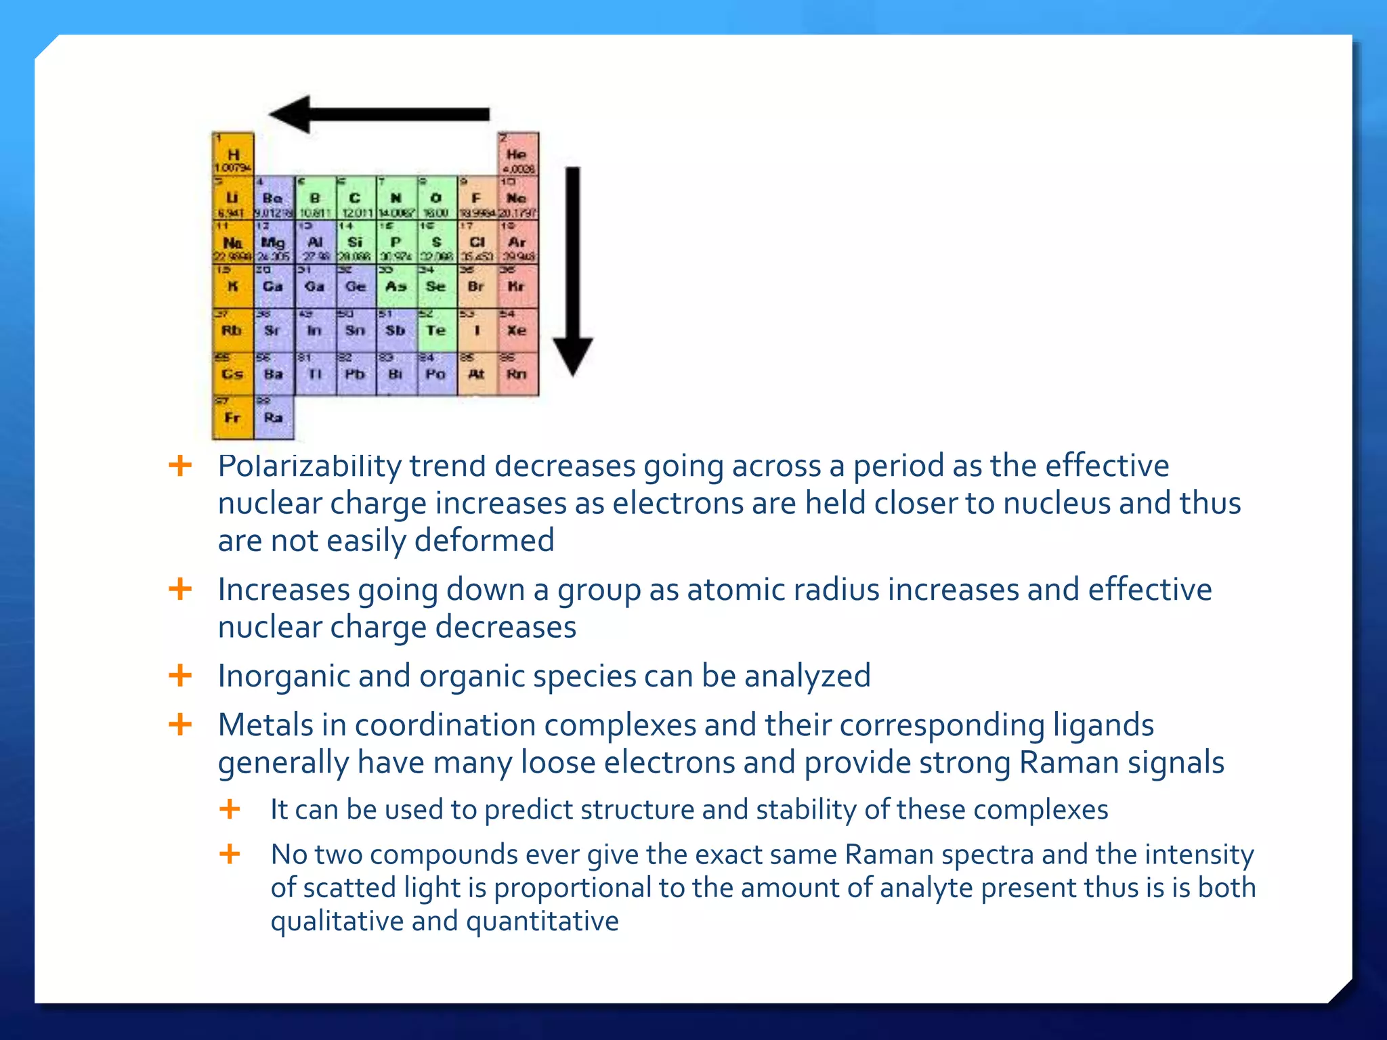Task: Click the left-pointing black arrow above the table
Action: pyautogui.click(x=379, y=114)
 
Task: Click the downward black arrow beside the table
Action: pyautogui.click(x=573, y=271)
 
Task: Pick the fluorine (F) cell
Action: pyautogui.click(x=477, y=198)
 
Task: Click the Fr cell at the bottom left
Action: pyautogui.click(x=232, y=418)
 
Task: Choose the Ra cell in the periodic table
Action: pyautogui.click(x=274, y=418)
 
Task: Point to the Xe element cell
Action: pyautogui.click(x=517, y=330)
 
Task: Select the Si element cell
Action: pyautogui.click(x=355, y=242)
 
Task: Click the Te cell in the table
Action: pyautogui.click(x=436, y=330)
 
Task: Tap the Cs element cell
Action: pyautogui.click(x=232, y=374)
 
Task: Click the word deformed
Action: pyautogui.click(x=484, y=541)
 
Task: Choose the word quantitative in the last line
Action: pyautogui.click(x=542, y=922)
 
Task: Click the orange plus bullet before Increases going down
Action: pyautogui.click(x=180, y=589)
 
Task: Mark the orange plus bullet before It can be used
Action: pyautogui.click(x=230, y=809)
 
